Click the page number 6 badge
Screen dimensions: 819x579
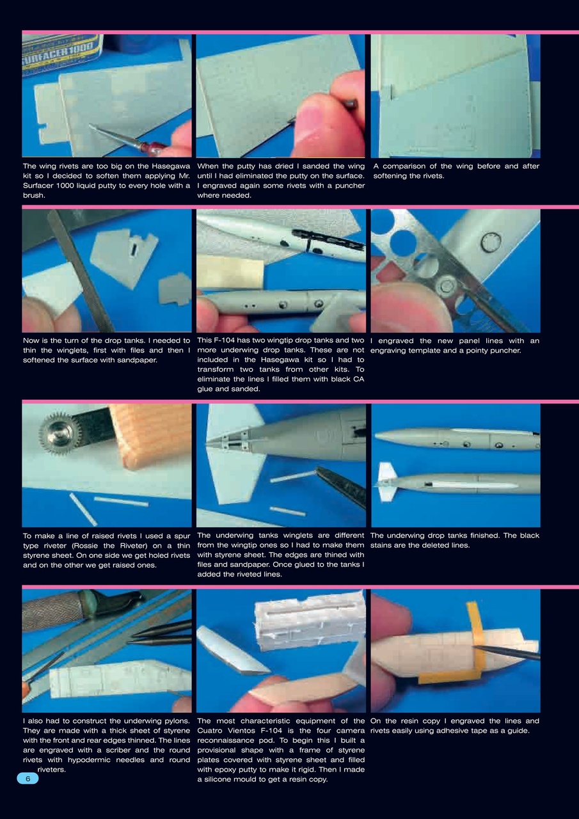28,779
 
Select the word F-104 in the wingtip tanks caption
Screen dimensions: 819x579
228,341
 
